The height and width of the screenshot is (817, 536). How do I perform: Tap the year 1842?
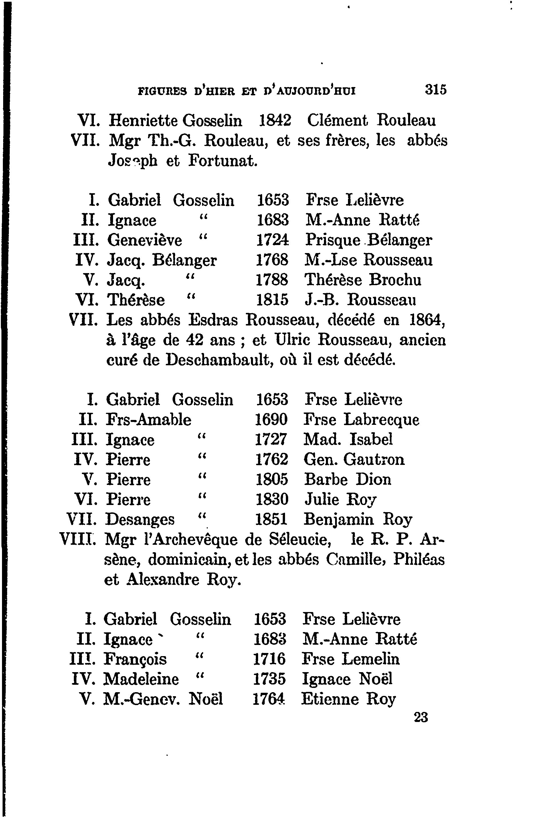(274, 121)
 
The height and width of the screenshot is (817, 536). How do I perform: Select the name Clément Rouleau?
(371, 121)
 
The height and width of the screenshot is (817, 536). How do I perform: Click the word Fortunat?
(222, 161)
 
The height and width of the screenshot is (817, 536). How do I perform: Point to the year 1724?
(272, 240)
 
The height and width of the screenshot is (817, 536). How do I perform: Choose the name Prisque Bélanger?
(369, 240)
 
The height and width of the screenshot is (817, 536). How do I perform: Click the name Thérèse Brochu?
(363, 280)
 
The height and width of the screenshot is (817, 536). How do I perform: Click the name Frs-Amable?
(149, 419)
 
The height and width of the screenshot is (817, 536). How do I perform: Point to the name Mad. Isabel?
(348, 439)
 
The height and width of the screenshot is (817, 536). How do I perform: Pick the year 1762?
(271, 459)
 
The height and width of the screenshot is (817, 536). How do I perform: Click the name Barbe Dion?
(347, 479)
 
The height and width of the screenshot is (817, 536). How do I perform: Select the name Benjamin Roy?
(358, 519)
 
